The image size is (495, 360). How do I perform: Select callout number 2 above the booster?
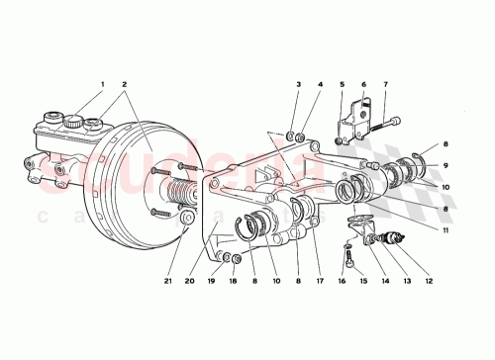pyautogui.click(x=124, y=85)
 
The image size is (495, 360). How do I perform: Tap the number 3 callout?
pyautogui.click(x=297, y=86)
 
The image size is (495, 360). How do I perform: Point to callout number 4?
pyautogui.click(x=319, y=86)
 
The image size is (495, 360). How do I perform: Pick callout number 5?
pyautogui.click(x=342, y=86)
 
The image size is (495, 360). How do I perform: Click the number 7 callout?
pyautogui.click(x=385, y=86)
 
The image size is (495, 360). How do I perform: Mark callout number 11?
pyautogui.click(x=446, y=229)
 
